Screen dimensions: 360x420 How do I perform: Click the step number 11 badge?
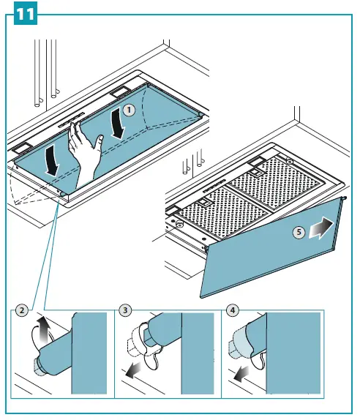click(26, 15)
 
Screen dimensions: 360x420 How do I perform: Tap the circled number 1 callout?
click(129, 110)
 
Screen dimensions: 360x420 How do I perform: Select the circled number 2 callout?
click(22, 311)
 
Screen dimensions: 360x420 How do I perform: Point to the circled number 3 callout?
click(125, 311)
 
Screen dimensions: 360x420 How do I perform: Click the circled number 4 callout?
click(233, 311)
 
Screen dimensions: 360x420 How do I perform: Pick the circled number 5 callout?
click(299, 232)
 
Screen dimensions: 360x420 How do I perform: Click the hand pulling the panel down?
click(84, 155)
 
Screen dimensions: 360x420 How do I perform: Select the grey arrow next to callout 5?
click(321, 228)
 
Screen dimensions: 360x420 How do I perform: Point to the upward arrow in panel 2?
click(42, 329)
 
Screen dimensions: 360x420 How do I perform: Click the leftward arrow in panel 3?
click(133, 370)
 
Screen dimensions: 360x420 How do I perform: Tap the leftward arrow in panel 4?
click(241, 374)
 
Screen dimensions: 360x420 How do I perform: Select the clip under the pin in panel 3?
click(152, 358)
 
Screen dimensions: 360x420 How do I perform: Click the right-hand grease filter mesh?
click(274, 183)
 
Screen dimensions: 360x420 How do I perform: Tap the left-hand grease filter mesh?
click(222, 212)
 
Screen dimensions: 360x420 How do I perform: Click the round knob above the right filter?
click(289, 161)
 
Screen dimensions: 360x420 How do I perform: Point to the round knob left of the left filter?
click(179, 223)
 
